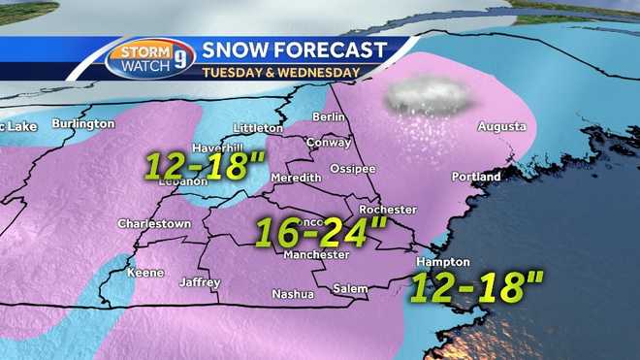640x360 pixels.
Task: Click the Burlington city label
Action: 83,124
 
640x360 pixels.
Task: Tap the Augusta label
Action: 501,127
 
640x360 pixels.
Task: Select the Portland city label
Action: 476,177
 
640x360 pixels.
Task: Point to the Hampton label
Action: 442,262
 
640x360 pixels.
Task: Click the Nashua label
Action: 292,294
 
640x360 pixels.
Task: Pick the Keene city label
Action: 146,274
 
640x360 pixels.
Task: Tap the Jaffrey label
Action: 200,282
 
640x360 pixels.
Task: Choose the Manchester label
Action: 316,255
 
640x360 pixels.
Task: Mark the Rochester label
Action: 387,210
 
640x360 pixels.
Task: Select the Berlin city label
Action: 329,117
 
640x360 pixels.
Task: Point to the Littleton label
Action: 258,127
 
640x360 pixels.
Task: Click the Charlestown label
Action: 152,223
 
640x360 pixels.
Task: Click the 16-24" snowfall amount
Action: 320,232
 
